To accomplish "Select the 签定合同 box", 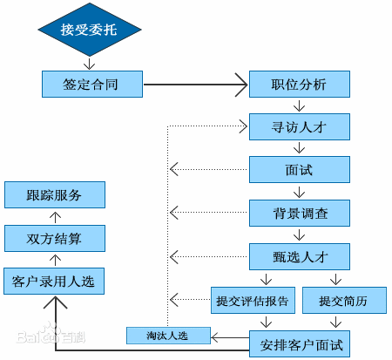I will [x=91, y=85].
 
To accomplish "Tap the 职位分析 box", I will [x=300, y=85].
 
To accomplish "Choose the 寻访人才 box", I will [x=300, y=126].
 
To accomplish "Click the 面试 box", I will [x=300, y=169].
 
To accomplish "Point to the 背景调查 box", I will [x=300, y=212].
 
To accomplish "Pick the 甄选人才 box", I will [x=300, y=255].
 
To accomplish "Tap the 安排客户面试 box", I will [x=300, y=343].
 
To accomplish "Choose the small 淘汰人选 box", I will [x=168, y=335].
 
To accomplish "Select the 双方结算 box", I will [x=54, y=237].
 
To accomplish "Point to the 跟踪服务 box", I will [x=54, y=194].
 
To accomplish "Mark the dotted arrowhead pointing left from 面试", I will [x=174, y=169].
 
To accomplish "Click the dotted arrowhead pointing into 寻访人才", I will [x=243, y=126].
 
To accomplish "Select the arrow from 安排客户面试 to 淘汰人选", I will [x=230, y=336].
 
